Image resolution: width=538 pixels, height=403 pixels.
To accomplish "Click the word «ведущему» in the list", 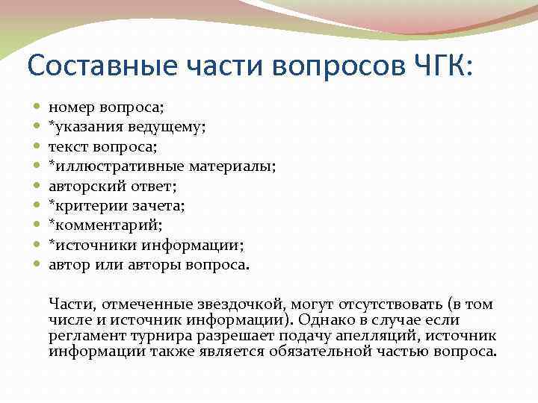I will (x=170, y=128).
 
